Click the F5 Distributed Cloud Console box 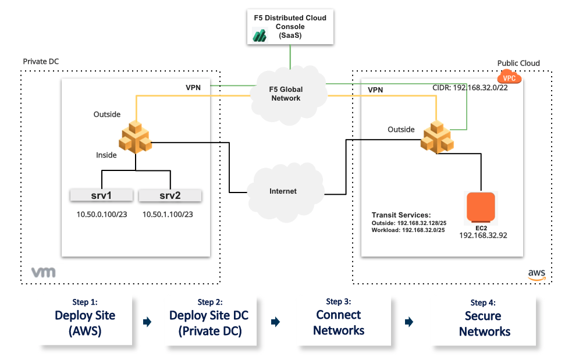[x=289, y=27]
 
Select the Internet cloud [x=283, y=191]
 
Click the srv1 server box [x=102, y=195]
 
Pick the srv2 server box [x=170, y=195]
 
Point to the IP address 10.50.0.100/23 [x=101, y=215]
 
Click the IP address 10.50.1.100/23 [x=168, y=215]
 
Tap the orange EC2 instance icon [x=481, y=208]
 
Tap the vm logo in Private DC [x=43, y=272]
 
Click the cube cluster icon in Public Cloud [x=438, y=137]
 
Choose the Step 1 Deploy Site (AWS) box [x=85, y=322]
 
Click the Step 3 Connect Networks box [x=339, y=322]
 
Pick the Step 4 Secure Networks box [x=484, y=323]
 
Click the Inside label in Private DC [x=106, y=155]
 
